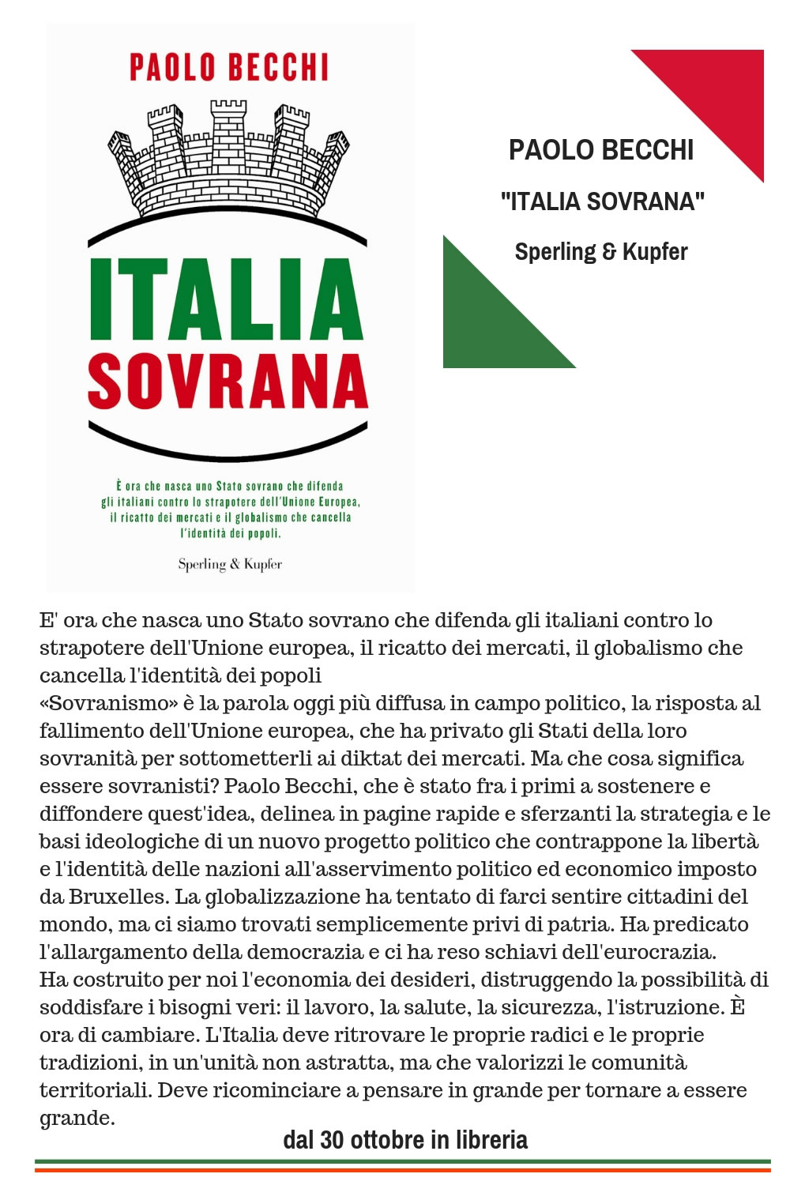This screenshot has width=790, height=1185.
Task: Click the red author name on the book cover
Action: coord(229,67)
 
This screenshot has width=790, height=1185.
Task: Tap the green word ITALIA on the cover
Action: coord(227,299)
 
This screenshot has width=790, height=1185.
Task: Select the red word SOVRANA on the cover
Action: coord(228,382)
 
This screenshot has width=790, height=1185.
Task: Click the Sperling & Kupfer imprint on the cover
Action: coord(230,564)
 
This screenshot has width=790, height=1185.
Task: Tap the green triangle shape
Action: coord(486,324)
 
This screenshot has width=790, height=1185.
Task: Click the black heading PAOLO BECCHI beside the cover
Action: coord(601,150)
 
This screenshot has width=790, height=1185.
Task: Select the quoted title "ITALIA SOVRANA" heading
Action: coord(602,201)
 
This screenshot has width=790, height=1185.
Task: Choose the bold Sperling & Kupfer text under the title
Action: coord(601,252)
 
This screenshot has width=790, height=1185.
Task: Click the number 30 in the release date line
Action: coord(332,1140)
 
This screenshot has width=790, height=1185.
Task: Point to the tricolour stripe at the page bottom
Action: coord(403,1165)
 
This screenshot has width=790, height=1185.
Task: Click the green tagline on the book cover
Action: coord(230,510)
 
